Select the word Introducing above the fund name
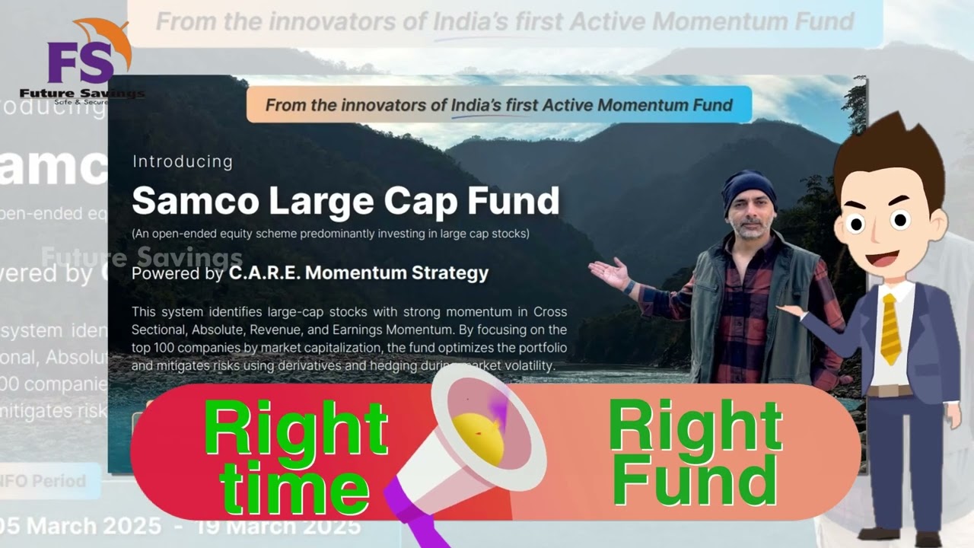183,161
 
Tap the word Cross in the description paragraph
550,311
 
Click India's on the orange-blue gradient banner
476,105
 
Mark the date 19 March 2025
278,526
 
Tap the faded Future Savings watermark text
142,257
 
